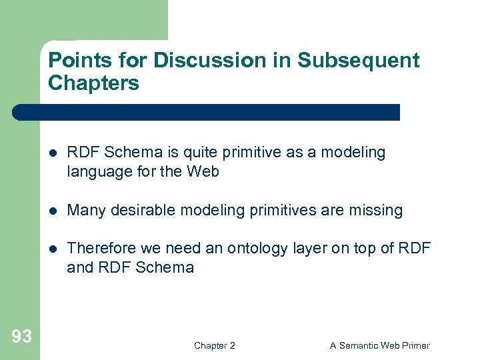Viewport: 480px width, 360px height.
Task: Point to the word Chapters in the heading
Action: click(x=93, y=83)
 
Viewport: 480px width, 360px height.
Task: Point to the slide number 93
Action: click(x=21, y=337)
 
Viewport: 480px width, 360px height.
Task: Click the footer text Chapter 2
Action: click(x=214, y=345)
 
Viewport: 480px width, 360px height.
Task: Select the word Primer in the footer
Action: click(x=414, y=345)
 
